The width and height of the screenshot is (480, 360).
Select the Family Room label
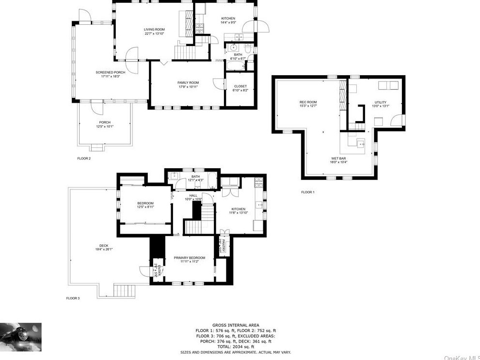(188, 83)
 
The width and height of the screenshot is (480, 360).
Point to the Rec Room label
(308, 102)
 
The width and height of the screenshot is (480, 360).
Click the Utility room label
(380, 103)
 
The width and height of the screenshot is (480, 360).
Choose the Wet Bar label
(339, 158)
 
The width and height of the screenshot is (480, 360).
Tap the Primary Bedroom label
(190, 258)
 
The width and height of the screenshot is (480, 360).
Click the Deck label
(104, 246)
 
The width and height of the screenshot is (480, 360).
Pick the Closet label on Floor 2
(240, 86)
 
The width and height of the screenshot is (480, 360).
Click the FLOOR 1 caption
(307, 192)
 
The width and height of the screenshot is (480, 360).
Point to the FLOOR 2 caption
(84, 158)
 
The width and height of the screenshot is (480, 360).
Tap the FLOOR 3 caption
(73, 298)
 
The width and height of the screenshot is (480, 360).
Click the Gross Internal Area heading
(236, 325)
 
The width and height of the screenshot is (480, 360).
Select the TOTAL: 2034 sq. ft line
(236, 346)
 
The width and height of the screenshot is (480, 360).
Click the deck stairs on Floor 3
(124, 291)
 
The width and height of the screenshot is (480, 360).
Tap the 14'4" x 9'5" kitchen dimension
(228, 23)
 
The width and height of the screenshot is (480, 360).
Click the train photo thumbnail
(21, 337)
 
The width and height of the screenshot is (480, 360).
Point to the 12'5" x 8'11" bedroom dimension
(145, 207)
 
